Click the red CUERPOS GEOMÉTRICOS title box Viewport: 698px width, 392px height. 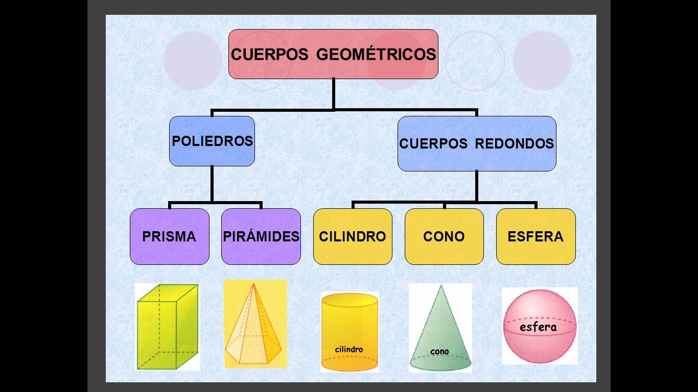[333, 54]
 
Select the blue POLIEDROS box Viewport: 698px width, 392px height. [212, 141]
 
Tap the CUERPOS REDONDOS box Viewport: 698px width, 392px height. [476, 143]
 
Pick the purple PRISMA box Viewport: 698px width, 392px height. [169, 236]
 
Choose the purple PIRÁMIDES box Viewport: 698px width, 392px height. [261, 236]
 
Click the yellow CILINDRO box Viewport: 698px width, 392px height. [353, 236]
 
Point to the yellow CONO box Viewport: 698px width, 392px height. [444, 236]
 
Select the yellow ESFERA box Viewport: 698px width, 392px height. [536, 236]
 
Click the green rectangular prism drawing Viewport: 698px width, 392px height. [167, 327]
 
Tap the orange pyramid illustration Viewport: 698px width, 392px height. [254, 327]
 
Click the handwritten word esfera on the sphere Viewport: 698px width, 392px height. [538, 327]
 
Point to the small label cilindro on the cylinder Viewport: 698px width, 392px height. [349, 350]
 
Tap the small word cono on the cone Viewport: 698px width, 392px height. [439, 351]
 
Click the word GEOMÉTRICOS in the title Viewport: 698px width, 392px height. [376, 54]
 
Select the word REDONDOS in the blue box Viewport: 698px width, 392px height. [515, 143]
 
